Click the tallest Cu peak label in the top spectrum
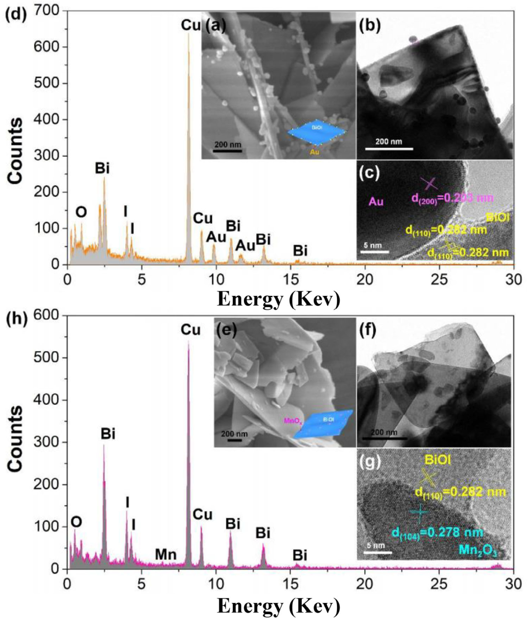point(191,25)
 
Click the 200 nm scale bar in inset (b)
point(389,148)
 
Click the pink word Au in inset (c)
point(376,201)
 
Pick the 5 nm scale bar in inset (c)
point(375,252)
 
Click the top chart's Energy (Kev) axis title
point(278,298)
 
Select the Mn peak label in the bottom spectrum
point(166,554)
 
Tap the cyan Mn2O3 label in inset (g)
point(478,551)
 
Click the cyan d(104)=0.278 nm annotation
point(437,532)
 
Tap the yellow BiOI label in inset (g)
point(438,460)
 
